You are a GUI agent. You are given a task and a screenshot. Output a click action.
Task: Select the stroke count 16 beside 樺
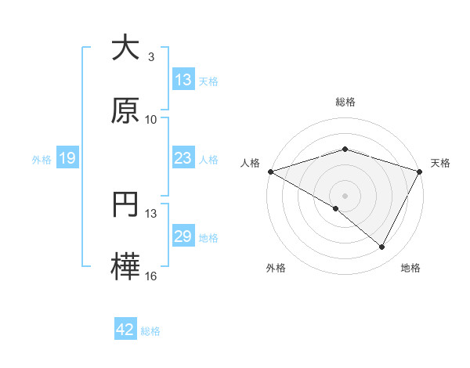coord(151,276)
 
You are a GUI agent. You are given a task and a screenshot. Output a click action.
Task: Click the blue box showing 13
coord(183,80)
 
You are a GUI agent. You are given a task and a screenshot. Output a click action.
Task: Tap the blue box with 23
coord(183,158)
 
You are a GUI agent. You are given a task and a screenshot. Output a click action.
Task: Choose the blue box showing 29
coord(183,236)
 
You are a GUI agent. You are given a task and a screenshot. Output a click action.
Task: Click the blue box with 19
coord(67,158)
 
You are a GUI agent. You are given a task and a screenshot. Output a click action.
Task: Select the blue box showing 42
coord(125,330)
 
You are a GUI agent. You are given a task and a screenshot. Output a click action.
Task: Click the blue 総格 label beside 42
coord(150,331)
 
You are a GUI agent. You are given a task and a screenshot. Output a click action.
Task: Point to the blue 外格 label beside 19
coord(42,159)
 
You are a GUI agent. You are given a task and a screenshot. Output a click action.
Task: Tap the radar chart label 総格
coord(345,102)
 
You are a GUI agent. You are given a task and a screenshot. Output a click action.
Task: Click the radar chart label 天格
coord(441,163)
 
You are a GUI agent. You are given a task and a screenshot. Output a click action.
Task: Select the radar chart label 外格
coord(276,268)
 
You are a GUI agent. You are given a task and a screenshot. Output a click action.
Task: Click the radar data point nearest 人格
coord(270,171)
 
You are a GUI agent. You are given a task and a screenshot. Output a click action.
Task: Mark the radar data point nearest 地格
coord(382,247)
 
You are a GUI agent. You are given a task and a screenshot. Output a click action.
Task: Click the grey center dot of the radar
coord(345,195)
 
